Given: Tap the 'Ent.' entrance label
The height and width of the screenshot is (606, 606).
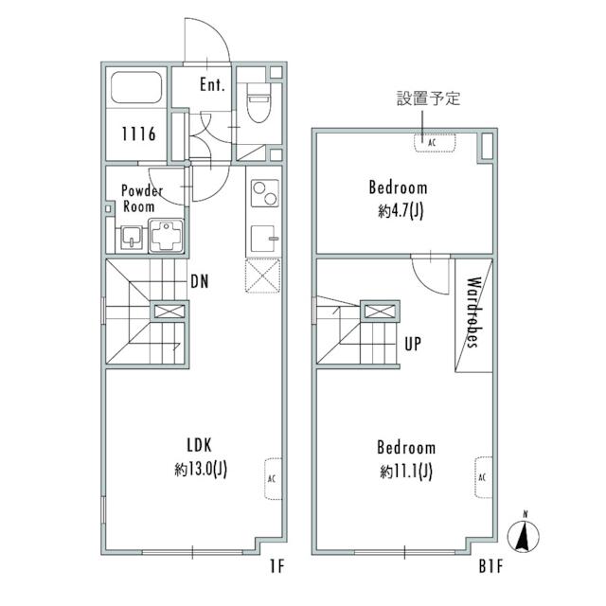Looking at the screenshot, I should [x=212, y=84].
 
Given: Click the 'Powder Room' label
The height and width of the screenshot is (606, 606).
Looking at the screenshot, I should [x=142, y=198].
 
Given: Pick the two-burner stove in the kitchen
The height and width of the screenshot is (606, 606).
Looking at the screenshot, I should [x=262, y=194].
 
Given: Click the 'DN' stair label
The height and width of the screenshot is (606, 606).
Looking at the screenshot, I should [x=200, y=280].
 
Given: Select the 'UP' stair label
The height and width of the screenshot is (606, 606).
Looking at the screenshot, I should [x=413, y=345].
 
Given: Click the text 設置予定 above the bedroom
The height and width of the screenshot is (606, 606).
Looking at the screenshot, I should [x=428, y=98].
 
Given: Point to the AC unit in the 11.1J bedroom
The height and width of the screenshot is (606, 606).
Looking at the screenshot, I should [x=482, y=475].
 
